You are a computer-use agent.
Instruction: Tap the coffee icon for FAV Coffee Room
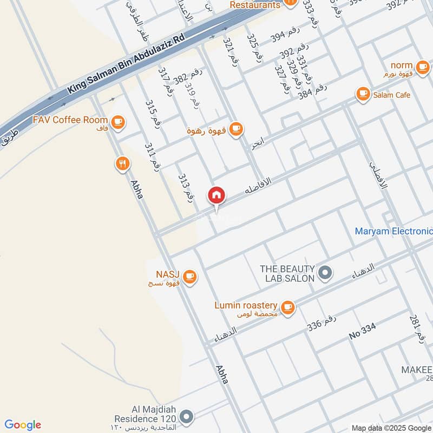pos(119,122)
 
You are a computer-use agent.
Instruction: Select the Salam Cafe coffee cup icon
pos(363,95)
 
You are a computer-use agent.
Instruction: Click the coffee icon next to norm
pos(422,65)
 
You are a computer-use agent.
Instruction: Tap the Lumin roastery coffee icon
pos(288,307)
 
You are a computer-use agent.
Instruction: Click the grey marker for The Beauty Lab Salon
pos(325,273)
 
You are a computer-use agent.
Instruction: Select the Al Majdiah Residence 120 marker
pos(187,417)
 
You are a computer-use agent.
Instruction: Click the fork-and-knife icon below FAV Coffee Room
pos(123,163)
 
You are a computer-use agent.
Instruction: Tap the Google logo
pos(23,424)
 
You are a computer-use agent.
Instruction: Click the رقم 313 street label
pos(186,188)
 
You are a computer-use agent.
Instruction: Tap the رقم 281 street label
pos(417,326)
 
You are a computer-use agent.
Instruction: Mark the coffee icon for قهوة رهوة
pos(235,129)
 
